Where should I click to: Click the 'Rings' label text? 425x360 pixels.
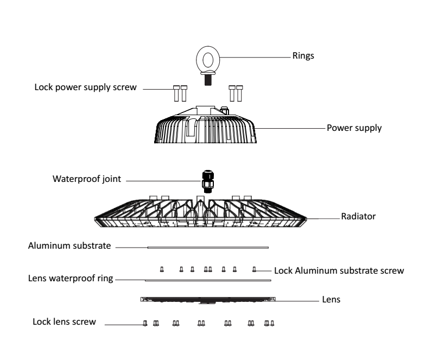303,55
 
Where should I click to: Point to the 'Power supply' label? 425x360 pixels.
354,129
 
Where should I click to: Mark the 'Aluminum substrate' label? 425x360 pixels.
69,246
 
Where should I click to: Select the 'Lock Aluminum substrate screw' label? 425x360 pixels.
339,270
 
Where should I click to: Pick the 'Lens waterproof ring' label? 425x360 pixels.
71,279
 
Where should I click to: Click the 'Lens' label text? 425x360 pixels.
331,299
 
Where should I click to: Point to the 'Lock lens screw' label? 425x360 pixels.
65,322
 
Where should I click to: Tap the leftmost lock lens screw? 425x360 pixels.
145,323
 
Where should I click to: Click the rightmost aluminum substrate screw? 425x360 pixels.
255,269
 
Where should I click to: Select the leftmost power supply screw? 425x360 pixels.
176,93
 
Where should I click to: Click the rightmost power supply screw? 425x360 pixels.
239,93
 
